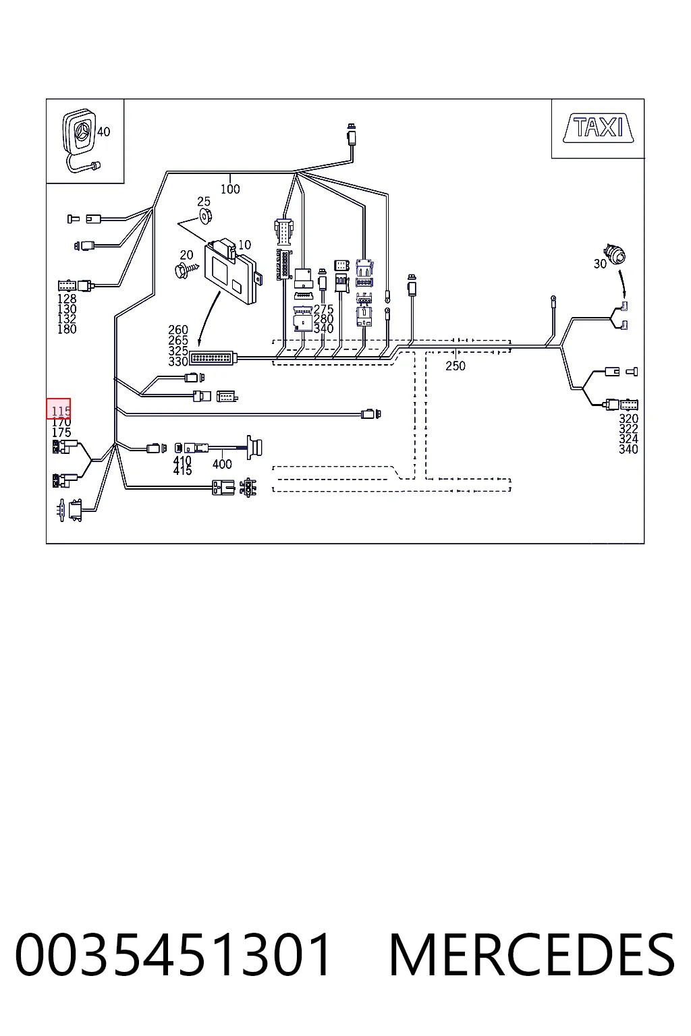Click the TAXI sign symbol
click(x=598, y=128)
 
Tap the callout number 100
click(x=230, y=189)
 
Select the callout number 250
click(x=455, y=366)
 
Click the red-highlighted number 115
click(x=61, y=411)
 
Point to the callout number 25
click(x=204, y=202)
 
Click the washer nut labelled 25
click(x=206, y=216)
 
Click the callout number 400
click(x=222, y=464)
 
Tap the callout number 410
click(x=182, y=461)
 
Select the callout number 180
click(x=67, y=329)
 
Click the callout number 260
click(x=178, y=330)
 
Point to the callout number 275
click(x=323, y=309)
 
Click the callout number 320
click(x=628, y=419)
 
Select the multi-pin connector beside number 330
click(x=213, y=358)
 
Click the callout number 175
click(x=61, y=432)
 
